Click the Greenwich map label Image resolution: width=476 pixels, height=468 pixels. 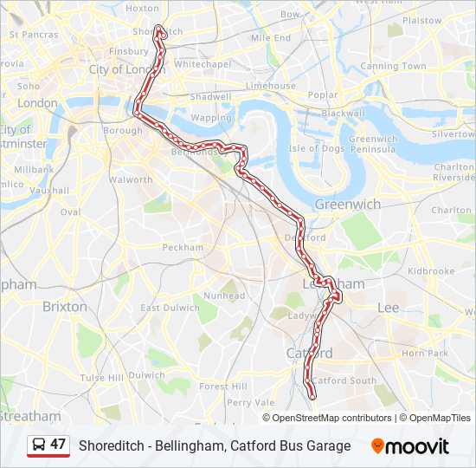coord(347,205)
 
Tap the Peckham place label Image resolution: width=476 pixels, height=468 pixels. coord(183,248)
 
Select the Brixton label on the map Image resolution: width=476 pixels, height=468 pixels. coord(65,306)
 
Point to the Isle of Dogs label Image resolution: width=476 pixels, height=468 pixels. coord(318,148)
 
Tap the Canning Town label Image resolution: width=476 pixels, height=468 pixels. coord(393,66)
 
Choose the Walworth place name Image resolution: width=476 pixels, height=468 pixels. coord(131,180)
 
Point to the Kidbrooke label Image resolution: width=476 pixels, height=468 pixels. coord(431,271)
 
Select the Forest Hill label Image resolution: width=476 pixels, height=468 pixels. coord(223,387)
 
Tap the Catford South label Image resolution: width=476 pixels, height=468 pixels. coord(344,380)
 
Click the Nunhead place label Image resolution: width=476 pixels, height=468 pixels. coord(224,296)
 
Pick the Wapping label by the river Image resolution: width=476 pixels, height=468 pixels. coord(211,118)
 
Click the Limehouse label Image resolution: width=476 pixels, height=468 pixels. coord(271,86)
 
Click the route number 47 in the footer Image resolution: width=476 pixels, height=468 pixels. coord(58,445)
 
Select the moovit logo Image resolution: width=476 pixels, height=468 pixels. coord(410,446)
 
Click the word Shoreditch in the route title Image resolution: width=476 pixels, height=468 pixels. coord(111,446)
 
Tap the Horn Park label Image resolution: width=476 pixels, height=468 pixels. coord(425,354)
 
